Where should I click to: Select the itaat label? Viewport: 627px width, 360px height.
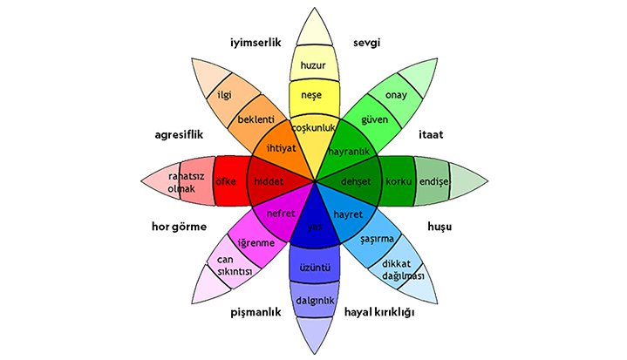433,135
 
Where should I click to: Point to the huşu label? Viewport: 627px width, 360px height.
440,228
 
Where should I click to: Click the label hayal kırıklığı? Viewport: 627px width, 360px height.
379,312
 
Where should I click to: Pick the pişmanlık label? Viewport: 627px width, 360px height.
255,312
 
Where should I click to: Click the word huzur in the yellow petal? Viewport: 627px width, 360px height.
312,65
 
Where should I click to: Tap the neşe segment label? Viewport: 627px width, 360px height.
312,93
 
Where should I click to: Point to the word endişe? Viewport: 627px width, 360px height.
433,181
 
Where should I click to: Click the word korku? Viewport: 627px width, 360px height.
398,181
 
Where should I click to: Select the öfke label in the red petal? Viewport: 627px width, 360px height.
227,181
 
